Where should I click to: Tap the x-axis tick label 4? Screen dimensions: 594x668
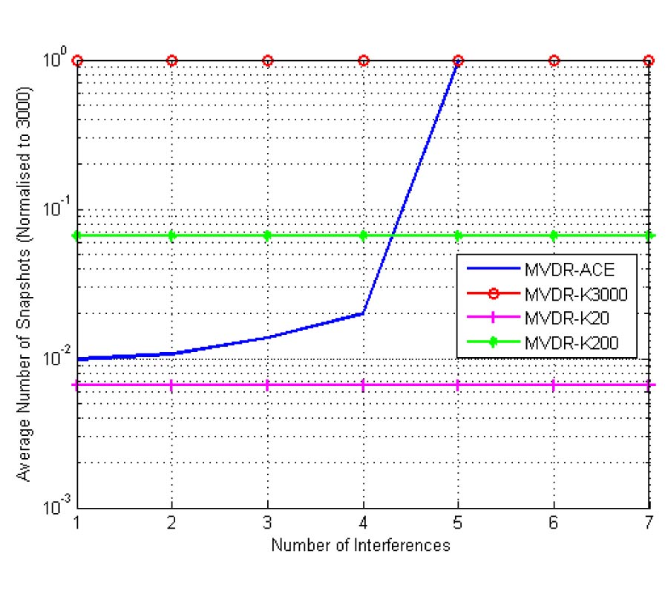coord(363,523)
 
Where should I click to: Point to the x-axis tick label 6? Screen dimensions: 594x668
coord(554,523)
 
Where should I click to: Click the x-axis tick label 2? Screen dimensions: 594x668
coord(172,523)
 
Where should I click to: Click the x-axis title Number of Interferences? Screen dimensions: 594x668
coord(361,546)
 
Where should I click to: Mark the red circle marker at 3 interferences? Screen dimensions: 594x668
coord(268,60)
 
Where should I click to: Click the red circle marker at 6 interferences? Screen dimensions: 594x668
coord(554,60)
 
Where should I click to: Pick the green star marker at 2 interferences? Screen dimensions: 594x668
coord(172,235)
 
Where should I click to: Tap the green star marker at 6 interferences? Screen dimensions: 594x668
coord(554,235)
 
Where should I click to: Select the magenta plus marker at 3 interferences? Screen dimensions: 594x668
coord(268,385)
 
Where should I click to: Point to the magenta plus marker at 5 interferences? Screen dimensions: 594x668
coord(458,385)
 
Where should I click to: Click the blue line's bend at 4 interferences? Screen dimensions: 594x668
coord(363,313)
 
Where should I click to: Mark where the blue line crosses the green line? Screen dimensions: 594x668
coord(393,235)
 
